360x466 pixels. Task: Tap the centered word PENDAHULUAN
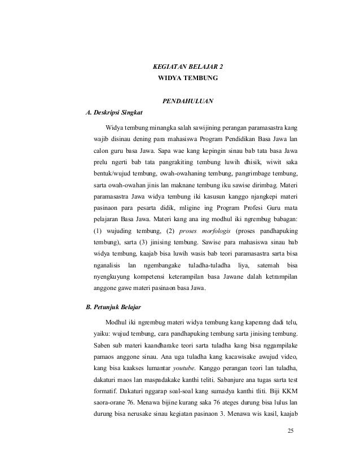(188, 101)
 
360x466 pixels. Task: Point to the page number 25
(291, 432)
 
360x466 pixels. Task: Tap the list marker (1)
(98, 232)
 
